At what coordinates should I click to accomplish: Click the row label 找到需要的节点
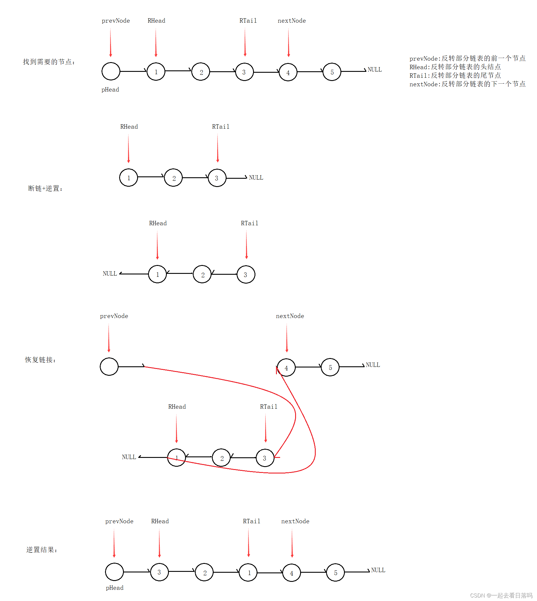click(49, 62)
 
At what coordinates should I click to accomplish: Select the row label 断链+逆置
click(45, 188)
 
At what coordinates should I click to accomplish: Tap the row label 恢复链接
click(40, 360)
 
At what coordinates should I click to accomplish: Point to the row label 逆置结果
click(41, 549)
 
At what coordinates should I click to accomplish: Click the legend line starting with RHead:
click(455, 67)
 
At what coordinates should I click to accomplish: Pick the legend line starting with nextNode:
click(467, 84)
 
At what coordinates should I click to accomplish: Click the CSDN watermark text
click(501, 595)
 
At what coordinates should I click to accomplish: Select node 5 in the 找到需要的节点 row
click(332, 72)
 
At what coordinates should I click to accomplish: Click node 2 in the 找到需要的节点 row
click(201, 72)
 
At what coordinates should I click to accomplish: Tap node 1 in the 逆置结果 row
click(248, 573)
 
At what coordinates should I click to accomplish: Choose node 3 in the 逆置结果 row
click(159, 572)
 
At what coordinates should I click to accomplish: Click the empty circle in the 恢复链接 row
click(109, 367)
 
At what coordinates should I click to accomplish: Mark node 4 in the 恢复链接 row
click(286, 367)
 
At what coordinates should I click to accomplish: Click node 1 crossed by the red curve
click(177, 458)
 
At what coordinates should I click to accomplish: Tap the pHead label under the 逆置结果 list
click(114, 588)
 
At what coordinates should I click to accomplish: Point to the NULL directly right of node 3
click(256, 178)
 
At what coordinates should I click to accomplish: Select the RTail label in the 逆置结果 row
click(252, 521)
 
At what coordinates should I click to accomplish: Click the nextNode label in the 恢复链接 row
click(290, 316)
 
